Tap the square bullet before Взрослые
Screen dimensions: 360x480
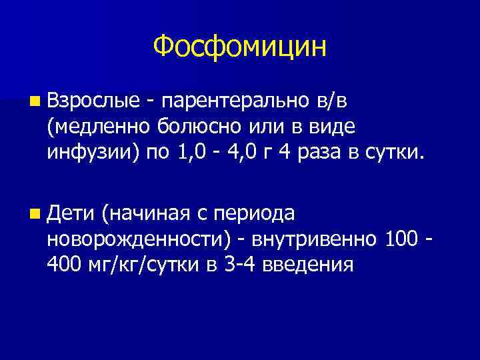[x=34, y=99]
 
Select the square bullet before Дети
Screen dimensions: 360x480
[x=34, y=214]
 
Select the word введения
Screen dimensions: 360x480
[x=303, y=267]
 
